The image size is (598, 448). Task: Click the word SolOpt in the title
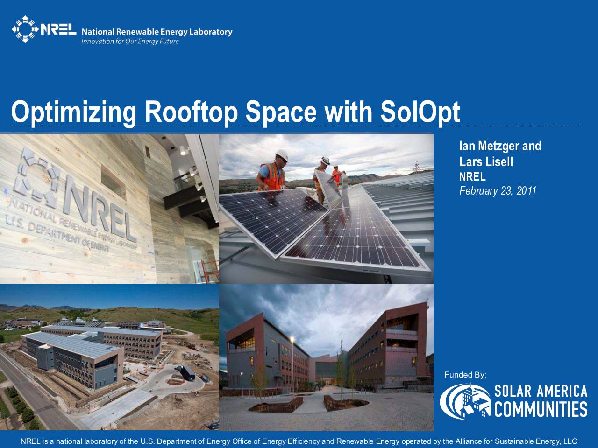pos(420,112)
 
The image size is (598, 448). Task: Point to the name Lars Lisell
pos(486,161)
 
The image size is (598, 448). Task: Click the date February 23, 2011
pos(498,191)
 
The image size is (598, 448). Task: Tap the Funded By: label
pos(465,375)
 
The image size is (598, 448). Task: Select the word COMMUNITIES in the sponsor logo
pos(541,409)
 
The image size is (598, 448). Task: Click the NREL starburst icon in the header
pos(25,29)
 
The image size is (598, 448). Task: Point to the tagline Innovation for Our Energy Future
pos(130,42)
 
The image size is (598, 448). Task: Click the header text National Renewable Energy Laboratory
pos(157,32)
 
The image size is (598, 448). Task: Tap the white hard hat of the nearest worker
pos(282,155)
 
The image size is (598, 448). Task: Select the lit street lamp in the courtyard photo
pos(292,339)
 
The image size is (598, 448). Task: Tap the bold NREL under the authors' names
pos(472,177)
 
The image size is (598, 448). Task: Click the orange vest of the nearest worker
pos(273,176)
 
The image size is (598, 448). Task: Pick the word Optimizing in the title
pos(73,112)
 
